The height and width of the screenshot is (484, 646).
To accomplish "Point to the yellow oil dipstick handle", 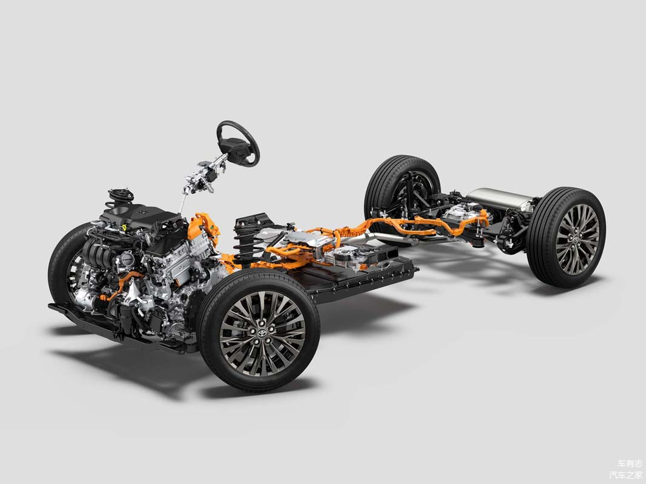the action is pyautogui.click(x=123, y=226).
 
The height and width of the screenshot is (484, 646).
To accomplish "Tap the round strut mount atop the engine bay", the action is pyautogui.click(x=120, y=198).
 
